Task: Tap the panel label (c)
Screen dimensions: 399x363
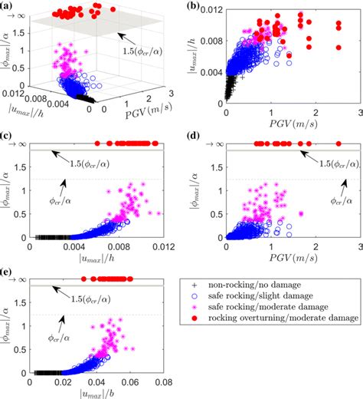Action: (x=8, y=137)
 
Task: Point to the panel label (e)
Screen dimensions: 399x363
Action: (x=8, y=270)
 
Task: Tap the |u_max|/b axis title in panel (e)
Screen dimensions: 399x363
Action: (x=96, y=393)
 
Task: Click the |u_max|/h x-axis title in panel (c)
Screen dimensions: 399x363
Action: (x=96, y=260)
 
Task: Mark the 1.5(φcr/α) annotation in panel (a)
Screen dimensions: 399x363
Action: (x=146, y=52)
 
